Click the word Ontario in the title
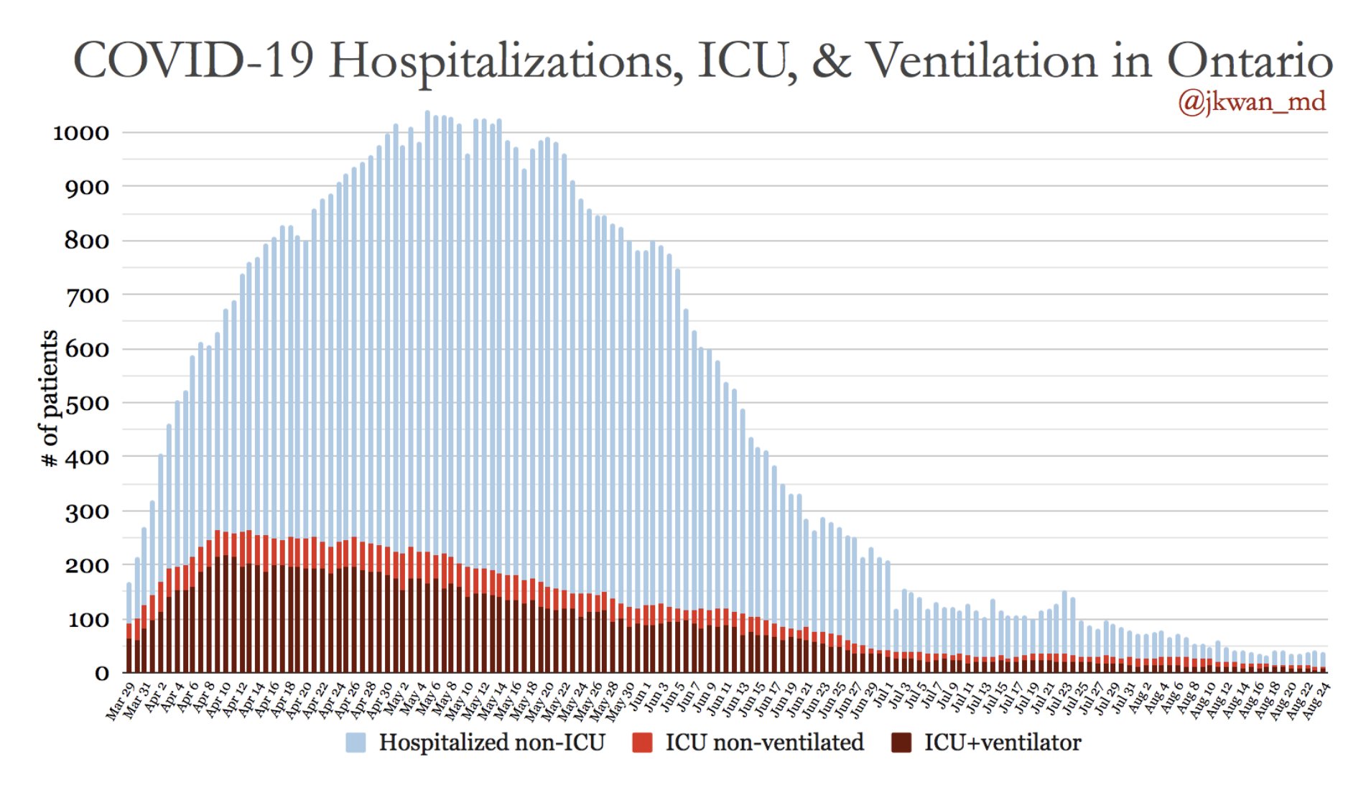pos(1249,60)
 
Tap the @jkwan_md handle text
pos(1251,102)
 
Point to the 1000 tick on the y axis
pos(81,133)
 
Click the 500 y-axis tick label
pos(87,404)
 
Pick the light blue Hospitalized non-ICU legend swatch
pos(356,743)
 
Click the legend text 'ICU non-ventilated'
pos(764,743)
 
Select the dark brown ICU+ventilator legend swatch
pos(901,743)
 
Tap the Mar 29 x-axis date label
pos(121,701)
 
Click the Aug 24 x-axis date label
pos(1316,701)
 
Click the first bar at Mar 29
pos(129,625)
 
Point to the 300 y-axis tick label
pos(87,512)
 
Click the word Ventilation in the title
pos(983,60)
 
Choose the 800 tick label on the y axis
pos(87,241)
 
